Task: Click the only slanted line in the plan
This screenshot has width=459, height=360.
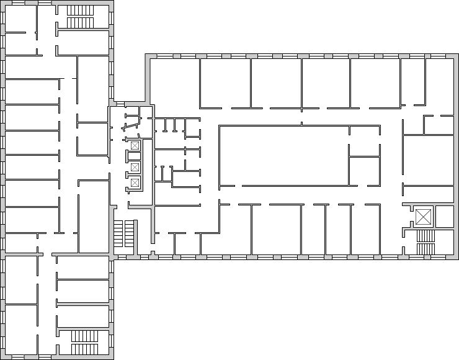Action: [x=131, y=128]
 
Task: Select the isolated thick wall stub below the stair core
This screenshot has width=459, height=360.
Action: [x=135, y=237]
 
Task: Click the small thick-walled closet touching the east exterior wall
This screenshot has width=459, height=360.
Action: [x=445, y=217]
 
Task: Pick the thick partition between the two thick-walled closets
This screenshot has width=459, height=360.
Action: [x=434, y=217]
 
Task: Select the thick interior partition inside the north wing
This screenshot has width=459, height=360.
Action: [x=84, y=29]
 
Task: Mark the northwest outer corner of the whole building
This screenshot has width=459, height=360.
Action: [x=2, y=2]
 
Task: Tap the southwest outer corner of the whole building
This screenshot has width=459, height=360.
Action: [x=2, y=358]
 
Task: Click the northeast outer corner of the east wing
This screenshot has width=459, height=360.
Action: [x=457, y=56]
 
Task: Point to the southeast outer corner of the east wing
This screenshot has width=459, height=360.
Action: [x=457, y=256]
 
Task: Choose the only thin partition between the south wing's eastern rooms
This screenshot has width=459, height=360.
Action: [x=84, y=279]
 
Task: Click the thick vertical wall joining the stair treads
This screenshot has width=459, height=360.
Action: [x=141, y=164]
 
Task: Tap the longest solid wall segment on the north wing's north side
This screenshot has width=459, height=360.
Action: [x=84, y=2]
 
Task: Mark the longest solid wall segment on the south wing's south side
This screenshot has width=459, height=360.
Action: [x=84, y=358]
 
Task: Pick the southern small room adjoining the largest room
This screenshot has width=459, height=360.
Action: [x=364, y=171]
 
